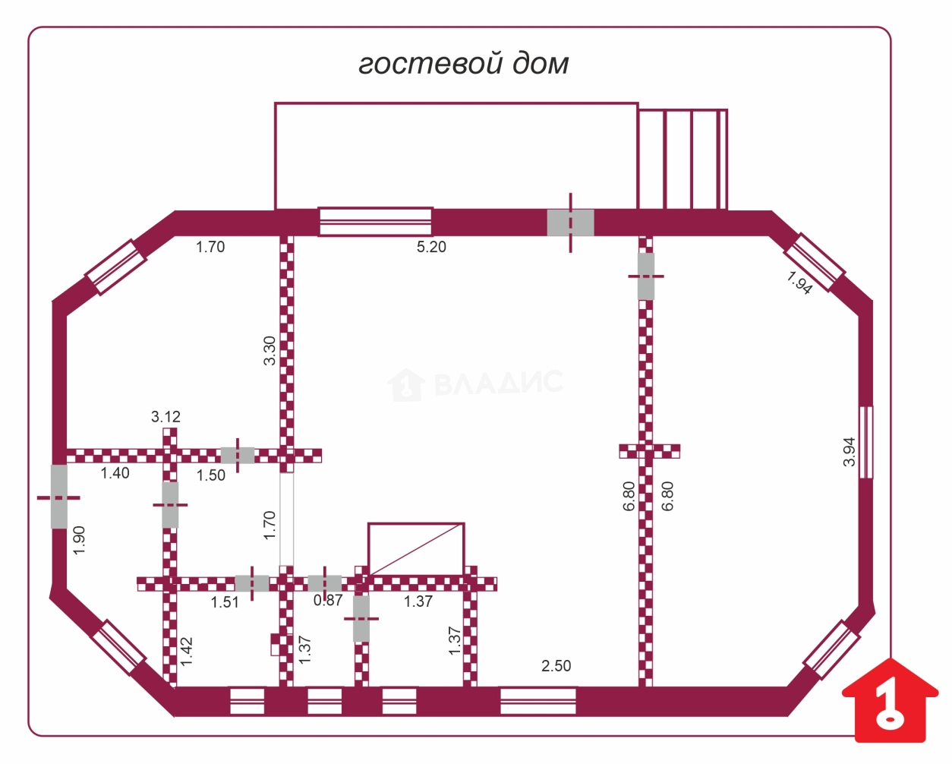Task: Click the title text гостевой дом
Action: click(x=463, y=65)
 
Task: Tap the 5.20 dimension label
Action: click(x=431, y=247)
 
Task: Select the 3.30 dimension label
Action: click(x=270, y=351)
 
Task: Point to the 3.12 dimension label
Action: click(x=166, y=416)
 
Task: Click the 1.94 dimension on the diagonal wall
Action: click(x=799, y=283)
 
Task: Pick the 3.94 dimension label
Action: click(x=850, y=452)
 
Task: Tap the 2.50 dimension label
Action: click(x=556, y=666)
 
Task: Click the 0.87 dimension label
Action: click(x=328, y=600)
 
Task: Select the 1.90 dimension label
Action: click(x=79, y=540)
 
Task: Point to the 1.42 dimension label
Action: click(x=187, y=651)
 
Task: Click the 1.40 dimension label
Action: click(x=115, y=473)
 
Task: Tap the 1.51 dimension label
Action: click(x=225, y=602)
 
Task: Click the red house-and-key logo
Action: click(x=890, y=706)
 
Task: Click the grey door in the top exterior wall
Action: click(x=571, y=223)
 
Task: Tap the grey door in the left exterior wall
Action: click(x=59, y=496)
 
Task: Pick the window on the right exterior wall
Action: click(x=866, y=442)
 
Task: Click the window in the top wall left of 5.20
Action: click(x=375, y=222)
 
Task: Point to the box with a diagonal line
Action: click(x=416, y=549)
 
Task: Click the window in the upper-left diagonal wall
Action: click(x=116, y=267)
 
